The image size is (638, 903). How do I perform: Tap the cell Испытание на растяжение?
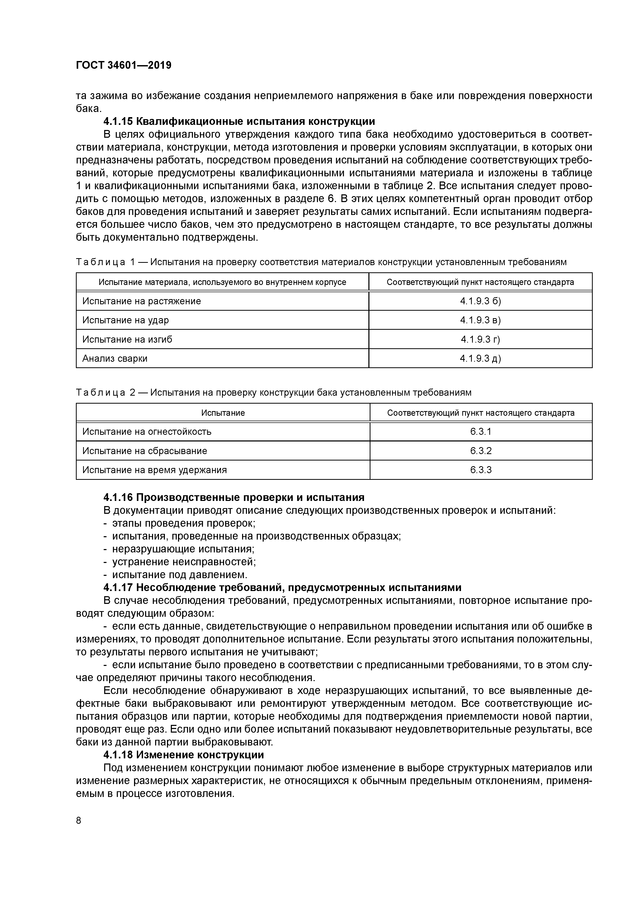(141, 301)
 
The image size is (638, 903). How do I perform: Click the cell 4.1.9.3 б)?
(480, 301)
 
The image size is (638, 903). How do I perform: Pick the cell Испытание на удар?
(125, 320)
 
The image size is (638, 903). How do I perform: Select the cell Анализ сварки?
(115, 358)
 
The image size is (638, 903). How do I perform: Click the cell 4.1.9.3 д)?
(480, 358)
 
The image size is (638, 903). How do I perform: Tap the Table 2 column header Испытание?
(223, 413)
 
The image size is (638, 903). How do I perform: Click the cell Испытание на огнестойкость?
(147, 432)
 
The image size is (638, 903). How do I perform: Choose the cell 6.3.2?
(481, 451)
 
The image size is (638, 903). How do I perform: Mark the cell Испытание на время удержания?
(155, 470)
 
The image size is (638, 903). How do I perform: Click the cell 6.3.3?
(481, 470)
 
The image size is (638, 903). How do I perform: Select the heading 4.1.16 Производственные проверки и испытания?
(234, 498)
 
